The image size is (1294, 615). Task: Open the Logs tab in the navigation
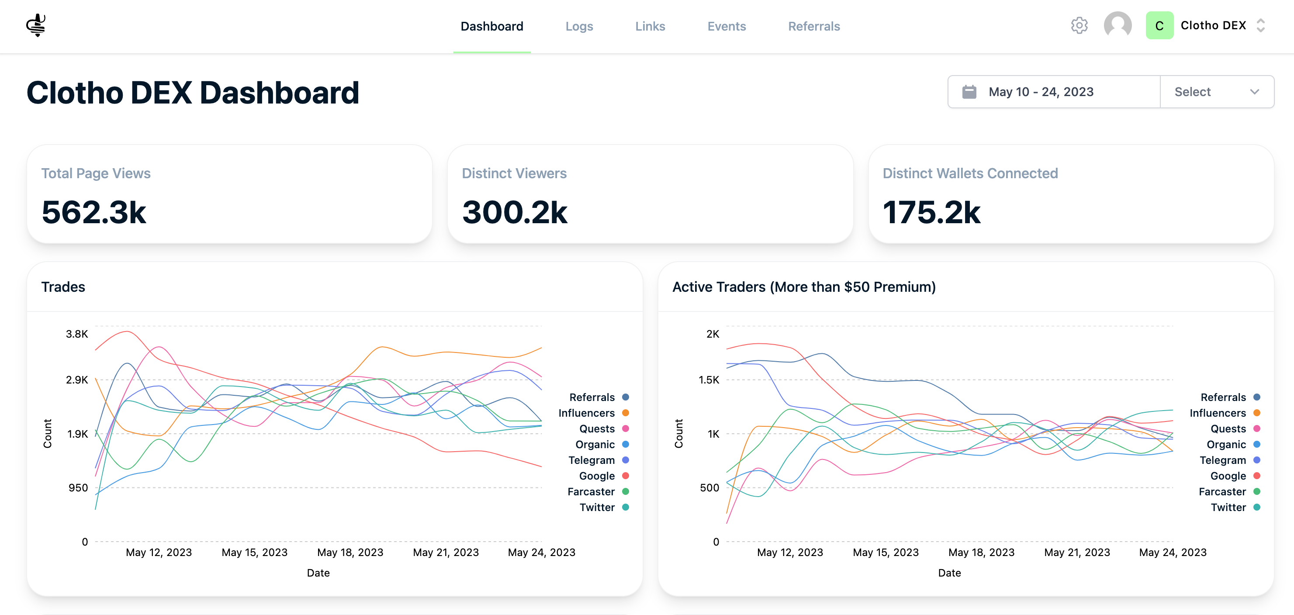pos(579,26)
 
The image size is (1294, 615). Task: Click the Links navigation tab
pos(650,26)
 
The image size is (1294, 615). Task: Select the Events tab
pos(727,26)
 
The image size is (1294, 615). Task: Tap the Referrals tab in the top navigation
pos(814,26)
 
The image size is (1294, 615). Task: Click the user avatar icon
pos(1117,25)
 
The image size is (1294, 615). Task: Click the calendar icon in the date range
pos(969,92)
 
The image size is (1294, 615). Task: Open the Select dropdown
pos(1217,92)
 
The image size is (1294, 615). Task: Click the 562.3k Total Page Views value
pos(94,212)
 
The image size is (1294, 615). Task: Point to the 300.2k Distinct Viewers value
pos(515,212)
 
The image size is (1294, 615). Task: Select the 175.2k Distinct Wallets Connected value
pos(931,212)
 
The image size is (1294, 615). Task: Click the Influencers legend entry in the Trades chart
pos(593,413)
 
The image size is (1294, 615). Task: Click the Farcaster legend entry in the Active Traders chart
pos(1229,491)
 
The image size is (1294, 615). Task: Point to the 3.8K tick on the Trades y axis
pos(77,334)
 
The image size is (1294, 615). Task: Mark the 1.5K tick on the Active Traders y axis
pos(709,380)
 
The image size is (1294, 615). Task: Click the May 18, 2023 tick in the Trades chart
pos(350,552)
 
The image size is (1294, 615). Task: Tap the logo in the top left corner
pos(36,25)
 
